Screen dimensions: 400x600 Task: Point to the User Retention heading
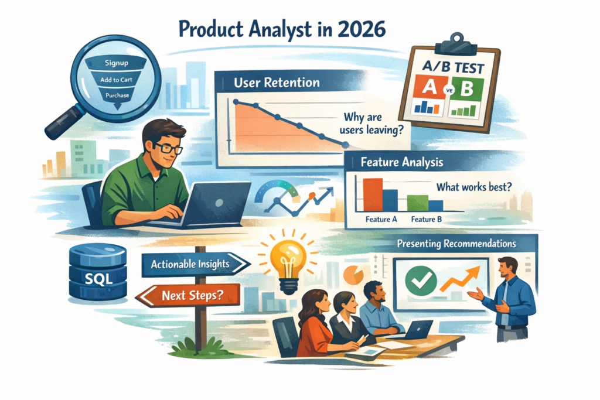pos(277,82)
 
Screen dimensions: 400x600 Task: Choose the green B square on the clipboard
pos(466,89)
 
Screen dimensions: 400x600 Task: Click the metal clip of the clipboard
pos(455,40)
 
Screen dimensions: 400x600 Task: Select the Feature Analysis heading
pos(402,162)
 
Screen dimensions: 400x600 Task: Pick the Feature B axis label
pos(427,219)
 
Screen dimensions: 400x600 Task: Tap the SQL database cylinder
pos(98,271)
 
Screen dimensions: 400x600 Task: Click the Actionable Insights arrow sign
pos(190,264)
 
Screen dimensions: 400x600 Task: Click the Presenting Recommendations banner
pos(456,243)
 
